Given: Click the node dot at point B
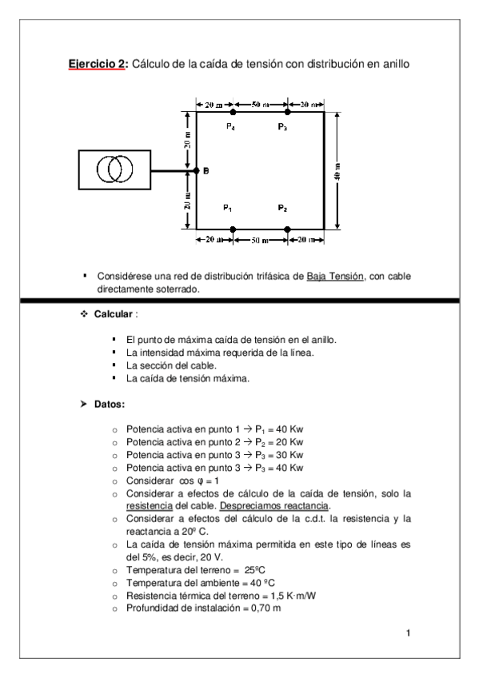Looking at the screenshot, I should [197, 170].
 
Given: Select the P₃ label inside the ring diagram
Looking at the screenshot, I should [282, 128].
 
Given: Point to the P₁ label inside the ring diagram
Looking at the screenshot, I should [228, 209].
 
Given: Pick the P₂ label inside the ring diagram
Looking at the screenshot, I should [282, 209].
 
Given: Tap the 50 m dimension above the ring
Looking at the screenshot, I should [260, 104].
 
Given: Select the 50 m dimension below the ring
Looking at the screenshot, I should [260, 239].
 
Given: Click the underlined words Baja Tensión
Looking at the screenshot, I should [335, 276].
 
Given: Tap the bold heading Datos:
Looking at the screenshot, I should [110, 406].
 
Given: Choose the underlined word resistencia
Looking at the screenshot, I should [150, 506].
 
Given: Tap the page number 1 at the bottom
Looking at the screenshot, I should [408, 634].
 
